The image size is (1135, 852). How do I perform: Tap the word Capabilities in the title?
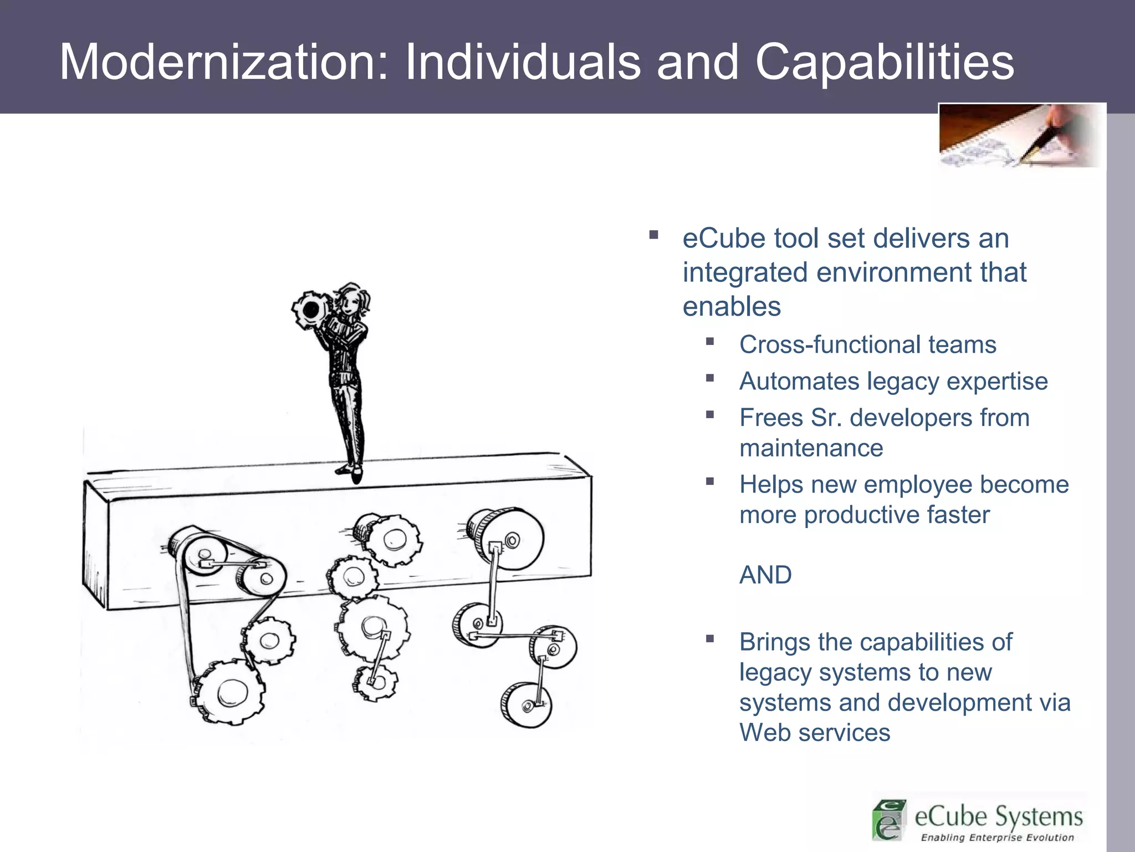(x=885, y=62)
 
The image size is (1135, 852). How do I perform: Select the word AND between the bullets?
(x=765, y=575)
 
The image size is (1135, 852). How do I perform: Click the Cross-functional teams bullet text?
(x=867, y=345)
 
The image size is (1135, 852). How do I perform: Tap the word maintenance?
(x=811, y=448)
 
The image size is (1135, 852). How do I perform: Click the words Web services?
(x=815, y=733)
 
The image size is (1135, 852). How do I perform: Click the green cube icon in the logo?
(x=889, y=820)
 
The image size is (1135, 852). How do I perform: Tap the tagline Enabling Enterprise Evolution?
(x=997, y=838)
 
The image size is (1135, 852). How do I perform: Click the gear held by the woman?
(x=310, y=310)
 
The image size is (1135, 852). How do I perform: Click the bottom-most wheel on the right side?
(x=526, y=704)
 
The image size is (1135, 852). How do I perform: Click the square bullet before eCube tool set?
(x=654, y=235)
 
